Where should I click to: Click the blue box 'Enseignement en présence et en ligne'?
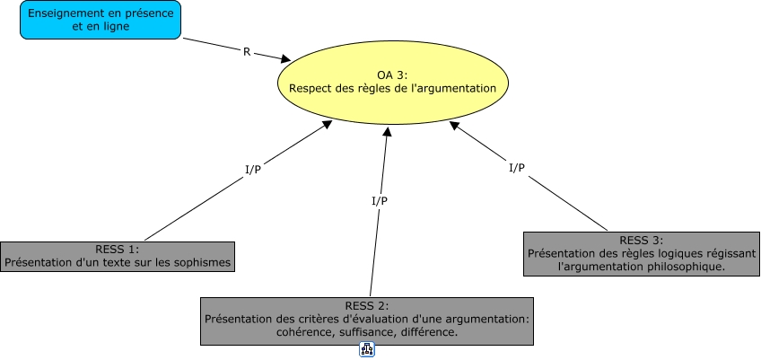[101, 20]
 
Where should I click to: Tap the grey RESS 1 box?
[117, 256]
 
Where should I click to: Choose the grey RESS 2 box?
[366, 320]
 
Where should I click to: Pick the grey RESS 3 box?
[641, 253]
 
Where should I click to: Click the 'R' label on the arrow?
[247, 51]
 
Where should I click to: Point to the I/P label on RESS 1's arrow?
[253, 170]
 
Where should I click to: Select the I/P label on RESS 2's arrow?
[380, 200]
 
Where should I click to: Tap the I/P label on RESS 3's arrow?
[517, 168]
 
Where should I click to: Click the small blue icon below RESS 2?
[366, 350]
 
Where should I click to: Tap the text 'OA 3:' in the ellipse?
[392, 75]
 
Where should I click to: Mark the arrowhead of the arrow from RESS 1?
[328, 125]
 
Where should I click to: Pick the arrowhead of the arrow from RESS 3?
[454, 127]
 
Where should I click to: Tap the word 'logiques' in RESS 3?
[640, 253]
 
